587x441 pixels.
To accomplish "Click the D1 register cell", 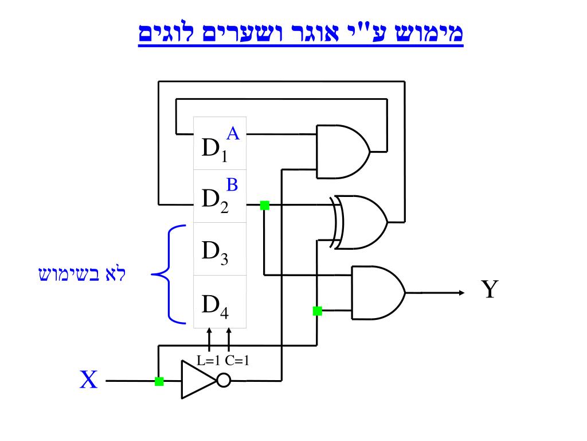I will (220, 144).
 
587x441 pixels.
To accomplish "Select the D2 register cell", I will (220, 196).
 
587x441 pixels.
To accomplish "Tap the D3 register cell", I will (220, 249).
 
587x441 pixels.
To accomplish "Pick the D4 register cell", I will (220, 302).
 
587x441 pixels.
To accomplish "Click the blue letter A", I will (233, 134).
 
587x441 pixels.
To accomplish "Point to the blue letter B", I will (232, 184).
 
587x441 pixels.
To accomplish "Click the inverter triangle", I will (198, 380).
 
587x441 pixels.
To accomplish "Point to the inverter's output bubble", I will (224, 380).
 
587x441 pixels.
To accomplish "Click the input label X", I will (88, 380).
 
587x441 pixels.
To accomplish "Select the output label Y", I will (489, 290).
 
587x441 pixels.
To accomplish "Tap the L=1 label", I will (209, 361).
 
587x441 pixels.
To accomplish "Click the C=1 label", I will (237, 361).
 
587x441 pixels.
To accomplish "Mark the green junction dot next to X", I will (159, 381).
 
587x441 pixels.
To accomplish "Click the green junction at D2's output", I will (264, 205).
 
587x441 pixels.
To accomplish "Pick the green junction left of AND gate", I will (317, 311).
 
